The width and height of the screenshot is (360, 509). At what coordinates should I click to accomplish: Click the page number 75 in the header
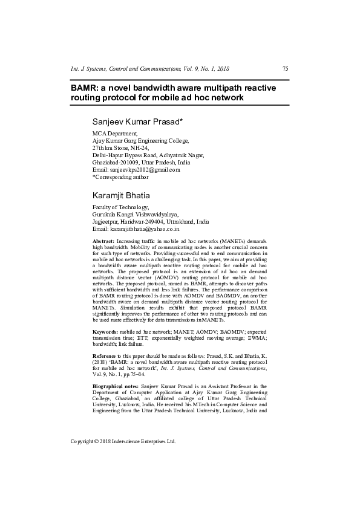coord(285,69)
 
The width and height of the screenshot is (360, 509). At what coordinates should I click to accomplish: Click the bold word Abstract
coord(103,241)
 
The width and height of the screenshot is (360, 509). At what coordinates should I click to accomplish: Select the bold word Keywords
coord(105,332)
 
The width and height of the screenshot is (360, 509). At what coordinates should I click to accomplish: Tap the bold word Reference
coord(105,356)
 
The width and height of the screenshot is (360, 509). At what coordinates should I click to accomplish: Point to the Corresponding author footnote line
coord(120,177)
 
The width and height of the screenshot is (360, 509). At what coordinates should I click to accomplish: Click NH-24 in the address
coord(140,148)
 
